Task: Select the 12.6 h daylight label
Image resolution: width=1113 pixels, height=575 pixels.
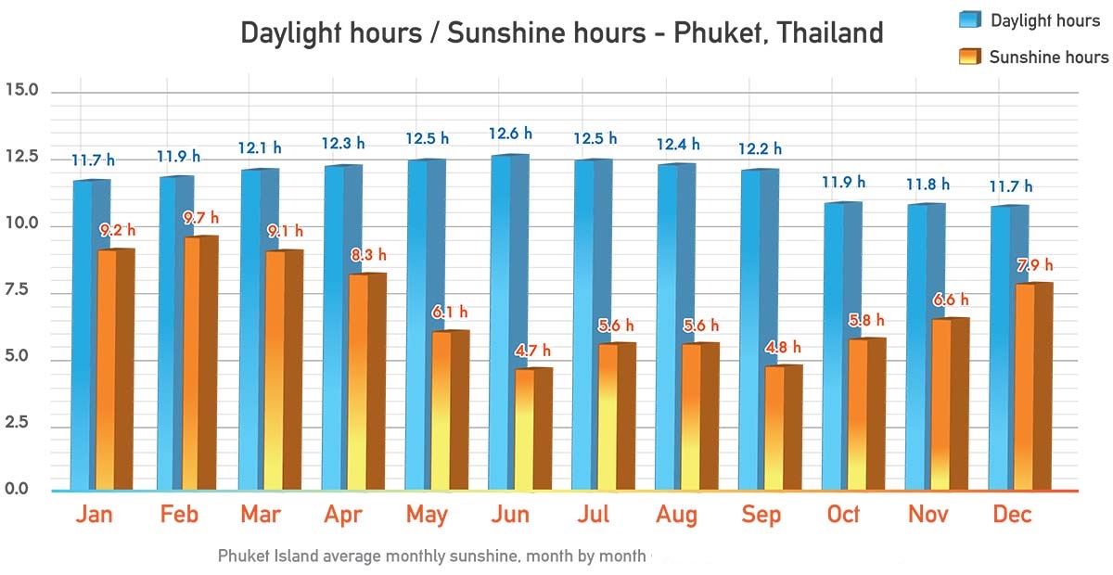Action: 509,135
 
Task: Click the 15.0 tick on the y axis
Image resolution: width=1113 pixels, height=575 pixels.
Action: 21,91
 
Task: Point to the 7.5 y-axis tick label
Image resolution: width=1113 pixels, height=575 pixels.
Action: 21,291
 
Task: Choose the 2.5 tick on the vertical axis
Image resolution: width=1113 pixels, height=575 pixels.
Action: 21,423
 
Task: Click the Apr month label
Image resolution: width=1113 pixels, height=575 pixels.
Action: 343,515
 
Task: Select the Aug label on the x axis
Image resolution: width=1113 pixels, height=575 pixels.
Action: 677,515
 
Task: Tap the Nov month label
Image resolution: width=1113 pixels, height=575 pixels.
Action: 928,515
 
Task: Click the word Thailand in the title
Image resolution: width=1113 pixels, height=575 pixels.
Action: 830,33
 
